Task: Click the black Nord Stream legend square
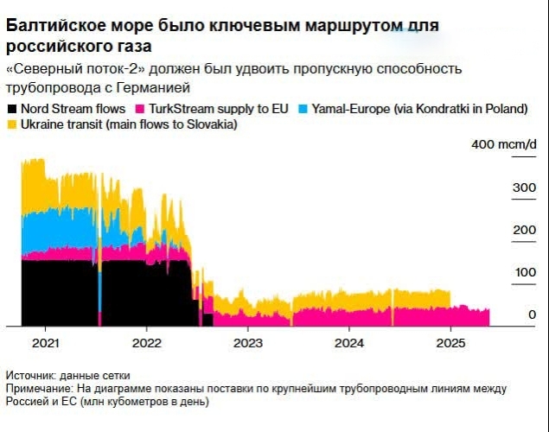coord(12,109)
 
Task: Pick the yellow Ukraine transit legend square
coord(12,125)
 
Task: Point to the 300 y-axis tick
coord(525,187)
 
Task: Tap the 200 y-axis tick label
coord(525,230)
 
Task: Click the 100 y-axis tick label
coord(525,272)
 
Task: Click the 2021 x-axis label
coord(44,343)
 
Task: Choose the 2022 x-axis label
coord(146,343)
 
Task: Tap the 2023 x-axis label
coord(247,343)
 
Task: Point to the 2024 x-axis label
coord(348,343)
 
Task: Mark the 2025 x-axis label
coord(450,343)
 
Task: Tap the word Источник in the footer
coord(32,376)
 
